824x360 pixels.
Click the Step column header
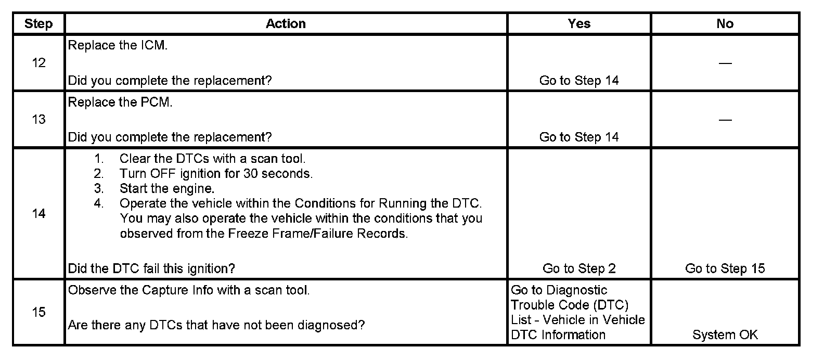[x=38, y=24]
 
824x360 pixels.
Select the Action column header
[x=286, y=24]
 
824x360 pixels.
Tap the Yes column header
[x=579, y=24]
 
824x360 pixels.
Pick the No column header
[x=725, y=24]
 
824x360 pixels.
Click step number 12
[x=38, y=63]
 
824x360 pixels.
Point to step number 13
[x=38, y=120]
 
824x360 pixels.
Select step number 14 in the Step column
[x=38, y=214]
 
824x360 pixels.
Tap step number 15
[x=38, y=312]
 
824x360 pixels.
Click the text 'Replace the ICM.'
[x=118, y=45]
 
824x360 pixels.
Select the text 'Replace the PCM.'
[x=120, y=102]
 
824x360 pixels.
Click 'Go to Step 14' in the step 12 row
[x=579, y=81]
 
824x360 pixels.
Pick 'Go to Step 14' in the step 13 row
[x=579, y=137]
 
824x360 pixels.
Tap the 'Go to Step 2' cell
[x=579, y=268]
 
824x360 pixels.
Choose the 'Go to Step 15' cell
[x=725, y=268]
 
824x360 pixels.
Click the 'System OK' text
[x=725, y=335]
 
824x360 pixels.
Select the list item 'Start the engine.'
[x=167, y=188]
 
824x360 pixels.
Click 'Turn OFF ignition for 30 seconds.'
[x=216, y=174]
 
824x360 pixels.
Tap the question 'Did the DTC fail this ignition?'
[x=151, y=268]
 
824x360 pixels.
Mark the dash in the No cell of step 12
[x=725, y=63]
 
